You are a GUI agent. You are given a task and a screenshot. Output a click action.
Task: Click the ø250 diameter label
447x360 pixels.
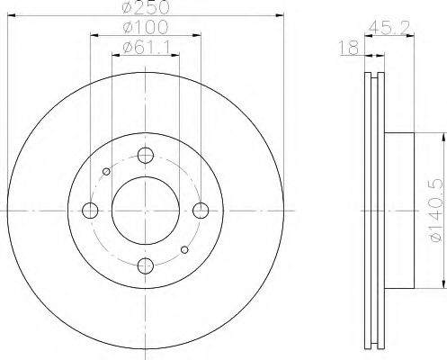coord(144,8)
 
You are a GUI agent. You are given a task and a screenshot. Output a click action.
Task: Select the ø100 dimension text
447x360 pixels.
coord(144,30)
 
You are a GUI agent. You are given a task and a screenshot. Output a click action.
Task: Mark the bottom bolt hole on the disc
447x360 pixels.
coord(144,265)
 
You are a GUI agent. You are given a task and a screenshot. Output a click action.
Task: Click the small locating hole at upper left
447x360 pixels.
coord(106,171)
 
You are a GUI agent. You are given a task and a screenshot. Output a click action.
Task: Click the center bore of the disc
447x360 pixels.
coord(144,210)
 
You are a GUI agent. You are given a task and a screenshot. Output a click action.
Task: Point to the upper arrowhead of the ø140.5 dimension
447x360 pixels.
coord(443,135)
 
